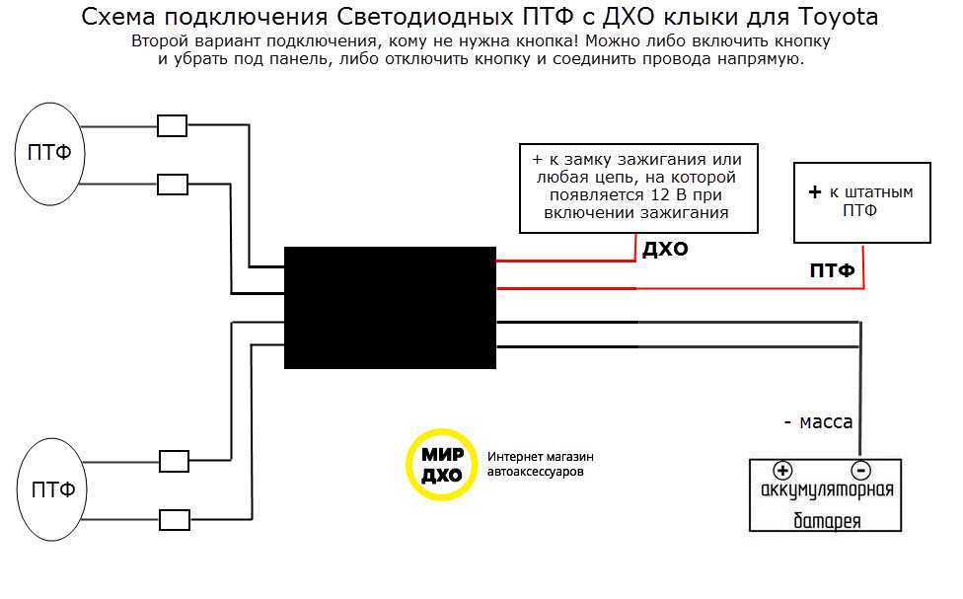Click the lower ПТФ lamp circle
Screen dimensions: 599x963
(x=53, y=490)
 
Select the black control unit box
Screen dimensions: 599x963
(x=390, y=307)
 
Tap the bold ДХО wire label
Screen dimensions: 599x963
(x=665, y=250)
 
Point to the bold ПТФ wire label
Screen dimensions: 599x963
(x=832, y=270)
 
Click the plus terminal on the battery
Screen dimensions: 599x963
(x=782, y=471)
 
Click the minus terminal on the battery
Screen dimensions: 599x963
(x=860, y=471)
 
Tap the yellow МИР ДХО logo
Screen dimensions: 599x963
(x=440, y=464)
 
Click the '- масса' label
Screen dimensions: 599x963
(x=818, y=421)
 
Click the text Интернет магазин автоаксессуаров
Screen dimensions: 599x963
(x=541, y=465)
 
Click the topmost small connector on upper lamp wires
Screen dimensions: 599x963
(x=173, y=125)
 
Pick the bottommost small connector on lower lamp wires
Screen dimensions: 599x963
(x=175, y=519)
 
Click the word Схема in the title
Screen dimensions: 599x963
(x=111, y=18)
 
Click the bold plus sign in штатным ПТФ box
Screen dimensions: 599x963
(x=815, y=192)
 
